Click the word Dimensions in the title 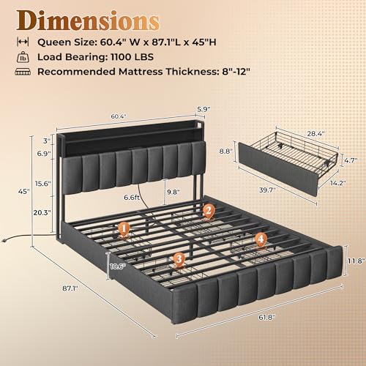[x=88, y=21]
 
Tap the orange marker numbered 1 [x=124, y=230]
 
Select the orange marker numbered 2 [x=208, y=211]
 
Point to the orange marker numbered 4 [x=261, y=240]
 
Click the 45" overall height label [x=24, y=192]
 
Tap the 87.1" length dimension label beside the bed [x=70, y=288]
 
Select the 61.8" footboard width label [x=266, y=318]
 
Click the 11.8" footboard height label [x=356, y=261]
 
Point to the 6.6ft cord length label [x=132, y=197]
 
